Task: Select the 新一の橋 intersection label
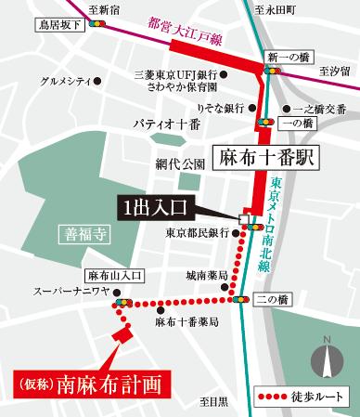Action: pyautogui.click(x=283, y=58)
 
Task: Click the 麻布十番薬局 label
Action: pyautogui.click(x=187, y=321)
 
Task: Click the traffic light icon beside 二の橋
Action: pyautogui.click(x=239, y=300)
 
